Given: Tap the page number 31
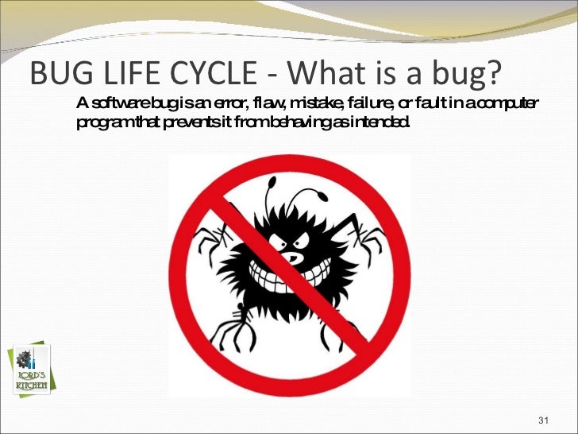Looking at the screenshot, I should pyautogui.click(x=544, y=419).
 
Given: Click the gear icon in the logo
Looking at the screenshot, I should pyautogui.click(x=22, y=357).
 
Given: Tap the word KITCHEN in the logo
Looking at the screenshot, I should pyautogui.click(x=32, y=386).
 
